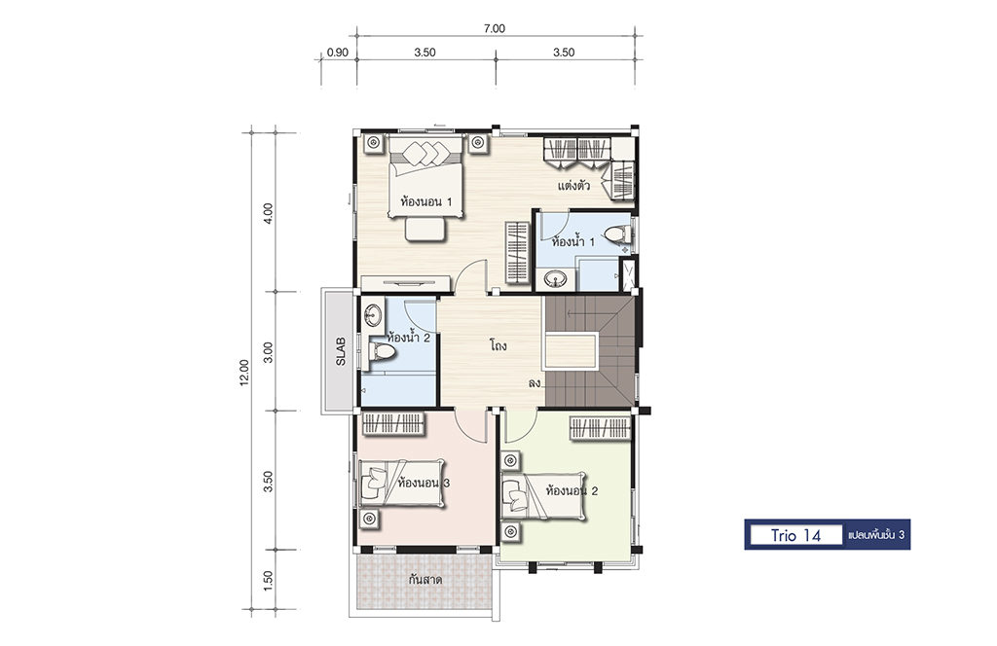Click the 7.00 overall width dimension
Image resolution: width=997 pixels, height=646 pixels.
[494, 28]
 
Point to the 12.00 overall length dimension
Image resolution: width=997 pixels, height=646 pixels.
[244, 373]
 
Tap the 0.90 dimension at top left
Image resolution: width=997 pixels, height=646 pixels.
[338, 53]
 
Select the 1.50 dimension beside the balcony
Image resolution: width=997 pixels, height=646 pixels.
[268, 581]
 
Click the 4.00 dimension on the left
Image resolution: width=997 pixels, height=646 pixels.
[268, 213]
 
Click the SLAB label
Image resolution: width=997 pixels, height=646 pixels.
[341, 350]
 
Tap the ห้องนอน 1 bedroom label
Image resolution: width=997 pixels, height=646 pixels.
[426, 202]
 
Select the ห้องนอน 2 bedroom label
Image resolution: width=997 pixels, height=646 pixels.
[572, 491]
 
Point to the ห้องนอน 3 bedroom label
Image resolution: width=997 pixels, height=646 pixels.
[424, 483]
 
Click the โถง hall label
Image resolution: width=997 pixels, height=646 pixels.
[498, 346]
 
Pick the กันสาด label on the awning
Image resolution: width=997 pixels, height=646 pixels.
[425, 580]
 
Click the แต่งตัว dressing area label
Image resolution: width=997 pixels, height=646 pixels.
[573, 186]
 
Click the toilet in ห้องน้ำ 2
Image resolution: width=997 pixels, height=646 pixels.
[381, 351]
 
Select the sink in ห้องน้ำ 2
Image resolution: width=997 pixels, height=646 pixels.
[373, 314]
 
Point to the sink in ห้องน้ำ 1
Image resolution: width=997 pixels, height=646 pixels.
[557, 279]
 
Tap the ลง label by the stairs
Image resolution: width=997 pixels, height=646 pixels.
[534, 383]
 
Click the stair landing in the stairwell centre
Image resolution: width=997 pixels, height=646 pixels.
[571, 350]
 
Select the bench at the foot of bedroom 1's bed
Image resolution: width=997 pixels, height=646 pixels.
[425, 230]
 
